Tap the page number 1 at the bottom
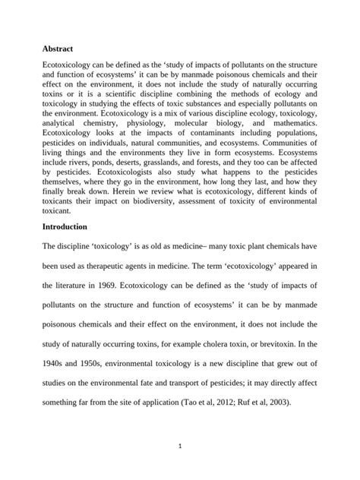180,446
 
